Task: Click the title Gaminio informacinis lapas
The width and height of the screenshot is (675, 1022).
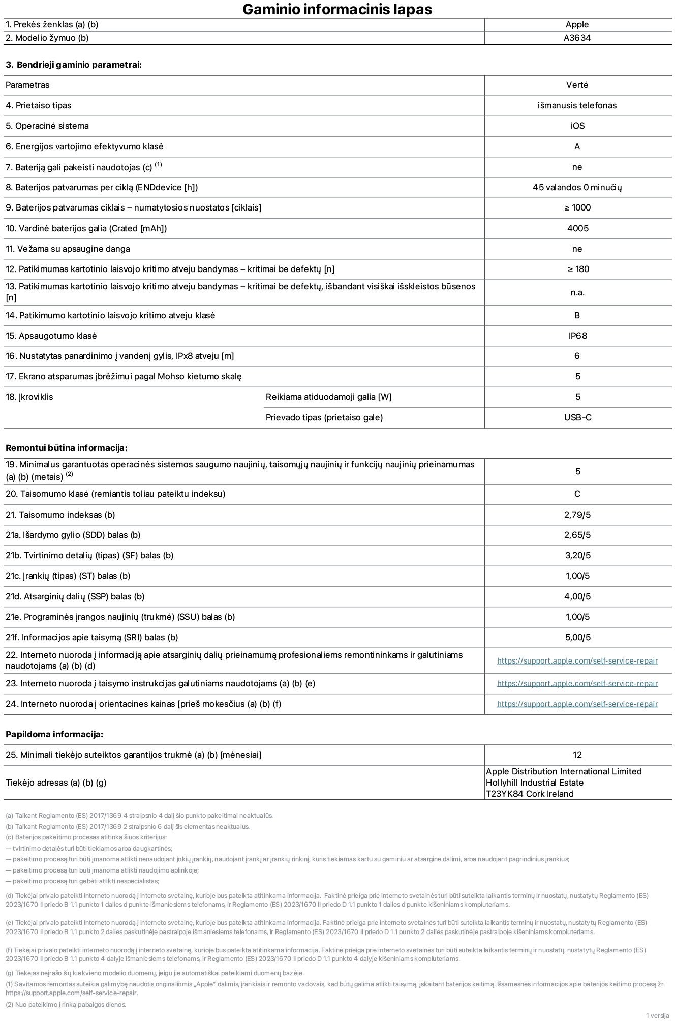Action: coord(337,9)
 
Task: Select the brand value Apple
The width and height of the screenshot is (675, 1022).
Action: coord(577,24)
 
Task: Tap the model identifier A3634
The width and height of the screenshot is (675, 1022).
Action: coord(577,38)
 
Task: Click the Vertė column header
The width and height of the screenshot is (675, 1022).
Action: coord(577,85)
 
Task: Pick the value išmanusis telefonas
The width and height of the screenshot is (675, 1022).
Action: coord(577,105)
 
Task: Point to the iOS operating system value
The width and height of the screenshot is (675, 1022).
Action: coord(577,126)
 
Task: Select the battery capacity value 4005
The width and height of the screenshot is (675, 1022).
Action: coord(577,228)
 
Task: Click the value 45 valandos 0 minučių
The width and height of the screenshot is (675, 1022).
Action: coord(577,187)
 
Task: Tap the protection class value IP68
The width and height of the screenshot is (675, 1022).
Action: coord(577,336)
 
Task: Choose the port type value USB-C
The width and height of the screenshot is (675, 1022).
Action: coord(577,417)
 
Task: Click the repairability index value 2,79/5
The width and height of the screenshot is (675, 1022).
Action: coord(577,515)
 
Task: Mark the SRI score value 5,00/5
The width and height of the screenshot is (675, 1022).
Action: coord(577,637)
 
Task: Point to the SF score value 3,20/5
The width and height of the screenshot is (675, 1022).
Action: coord(577,555)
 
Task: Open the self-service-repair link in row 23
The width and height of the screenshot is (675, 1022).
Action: coord(577,683)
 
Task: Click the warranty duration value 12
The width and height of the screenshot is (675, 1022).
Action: coord(577,755)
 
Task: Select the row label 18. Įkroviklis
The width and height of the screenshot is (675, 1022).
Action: coord(29,397)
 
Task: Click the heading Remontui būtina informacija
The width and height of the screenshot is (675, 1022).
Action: coord(66,448)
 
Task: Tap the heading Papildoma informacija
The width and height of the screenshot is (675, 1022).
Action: coord(54,734)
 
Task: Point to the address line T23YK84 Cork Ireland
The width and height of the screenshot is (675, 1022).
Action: coord(530,794)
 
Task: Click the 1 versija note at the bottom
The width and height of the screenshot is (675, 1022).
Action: coord(657,1015)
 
